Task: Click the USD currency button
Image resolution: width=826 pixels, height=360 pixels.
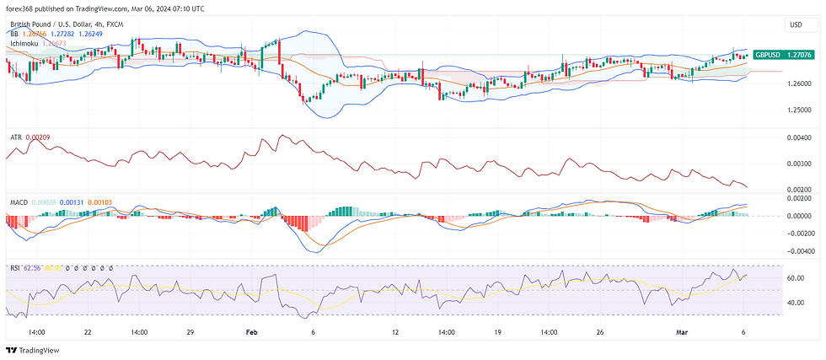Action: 794,26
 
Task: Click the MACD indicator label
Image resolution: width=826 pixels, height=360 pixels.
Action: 19,203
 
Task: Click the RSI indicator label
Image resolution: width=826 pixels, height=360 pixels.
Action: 14,268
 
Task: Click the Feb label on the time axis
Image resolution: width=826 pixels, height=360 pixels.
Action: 251,332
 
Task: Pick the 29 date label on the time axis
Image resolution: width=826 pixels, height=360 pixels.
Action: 191,332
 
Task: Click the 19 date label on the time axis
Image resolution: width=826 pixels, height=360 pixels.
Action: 497,332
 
